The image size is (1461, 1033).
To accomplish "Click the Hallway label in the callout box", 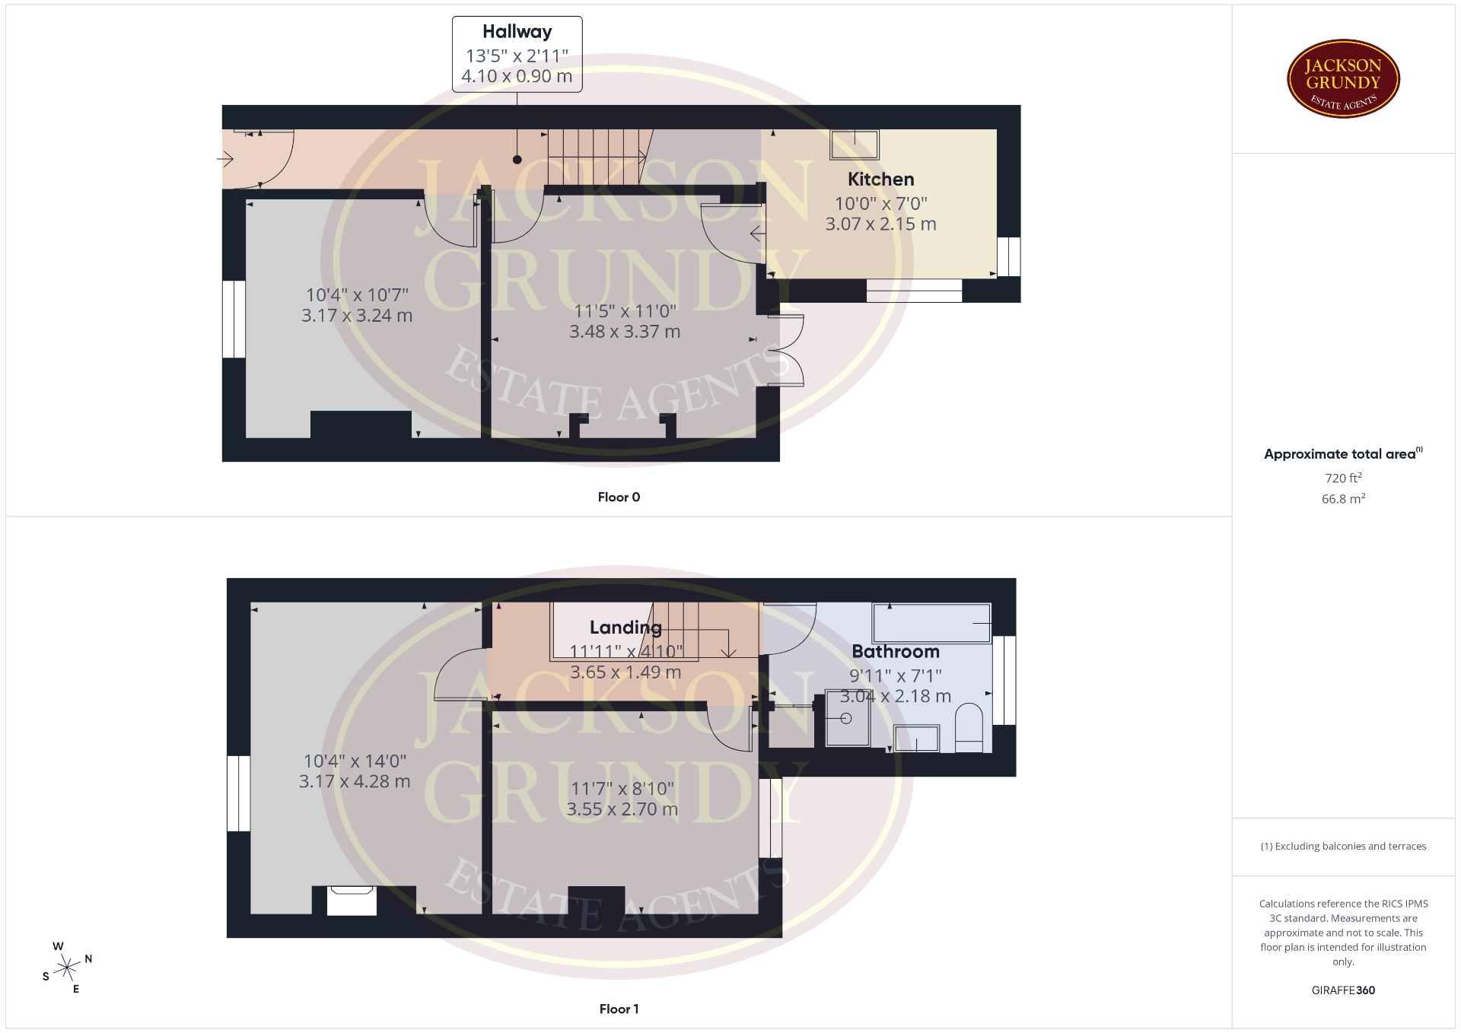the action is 517,32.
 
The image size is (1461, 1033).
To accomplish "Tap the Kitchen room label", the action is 881,180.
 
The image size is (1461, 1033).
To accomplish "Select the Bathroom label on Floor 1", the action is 896,652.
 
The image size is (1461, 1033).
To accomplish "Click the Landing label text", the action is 625,628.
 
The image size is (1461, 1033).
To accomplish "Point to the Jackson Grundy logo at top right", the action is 1343,79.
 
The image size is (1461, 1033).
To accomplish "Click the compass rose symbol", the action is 68,968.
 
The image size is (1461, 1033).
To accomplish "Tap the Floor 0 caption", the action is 619,497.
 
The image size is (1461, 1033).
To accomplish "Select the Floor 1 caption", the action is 619,1009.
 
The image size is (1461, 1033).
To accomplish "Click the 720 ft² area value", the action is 1343,478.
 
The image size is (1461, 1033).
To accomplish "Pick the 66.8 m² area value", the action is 1343,499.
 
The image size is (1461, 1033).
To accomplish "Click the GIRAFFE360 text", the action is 1343,990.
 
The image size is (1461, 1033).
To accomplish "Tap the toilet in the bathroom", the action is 969,728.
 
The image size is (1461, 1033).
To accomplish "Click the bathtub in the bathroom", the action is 932,623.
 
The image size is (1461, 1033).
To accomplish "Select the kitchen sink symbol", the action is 855,145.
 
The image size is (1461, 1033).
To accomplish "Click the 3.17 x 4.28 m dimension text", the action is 355,781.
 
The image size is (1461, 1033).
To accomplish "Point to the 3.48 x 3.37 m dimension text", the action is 625,332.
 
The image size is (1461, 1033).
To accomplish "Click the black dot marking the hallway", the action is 517,160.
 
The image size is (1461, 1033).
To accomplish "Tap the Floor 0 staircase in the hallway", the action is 597,157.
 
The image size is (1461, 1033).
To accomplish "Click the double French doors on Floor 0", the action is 787,350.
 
